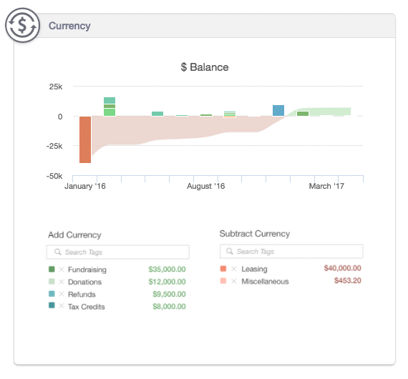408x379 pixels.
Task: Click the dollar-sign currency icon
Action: click(23, 25)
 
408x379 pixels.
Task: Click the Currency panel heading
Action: click(69, 26)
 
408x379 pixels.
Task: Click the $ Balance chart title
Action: click(205, 67)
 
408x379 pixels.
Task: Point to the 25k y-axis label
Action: click(56, 87)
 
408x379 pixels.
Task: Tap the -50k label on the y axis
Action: click(54, 176)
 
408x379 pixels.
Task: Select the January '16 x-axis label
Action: click(85, 186)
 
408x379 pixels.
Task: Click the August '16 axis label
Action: click(206, 186)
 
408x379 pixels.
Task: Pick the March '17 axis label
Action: click(326, 186)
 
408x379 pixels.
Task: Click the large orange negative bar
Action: click(85, 139)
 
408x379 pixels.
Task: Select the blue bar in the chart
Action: click(278, 110)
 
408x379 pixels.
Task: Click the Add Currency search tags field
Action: click(118, 252)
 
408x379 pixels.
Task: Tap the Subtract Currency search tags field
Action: click(291, 252)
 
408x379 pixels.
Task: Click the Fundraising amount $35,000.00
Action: click(167, 270)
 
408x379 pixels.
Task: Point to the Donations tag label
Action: click(85, 282)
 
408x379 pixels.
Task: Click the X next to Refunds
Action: click(62, 294)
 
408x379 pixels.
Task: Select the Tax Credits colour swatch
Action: click(52, 305)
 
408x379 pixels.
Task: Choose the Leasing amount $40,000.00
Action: click(342, 268)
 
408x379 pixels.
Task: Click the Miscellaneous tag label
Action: click(265, 282)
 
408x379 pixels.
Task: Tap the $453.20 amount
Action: click(348, 281)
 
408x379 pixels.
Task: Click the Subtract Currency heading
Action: click(255, 234)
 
